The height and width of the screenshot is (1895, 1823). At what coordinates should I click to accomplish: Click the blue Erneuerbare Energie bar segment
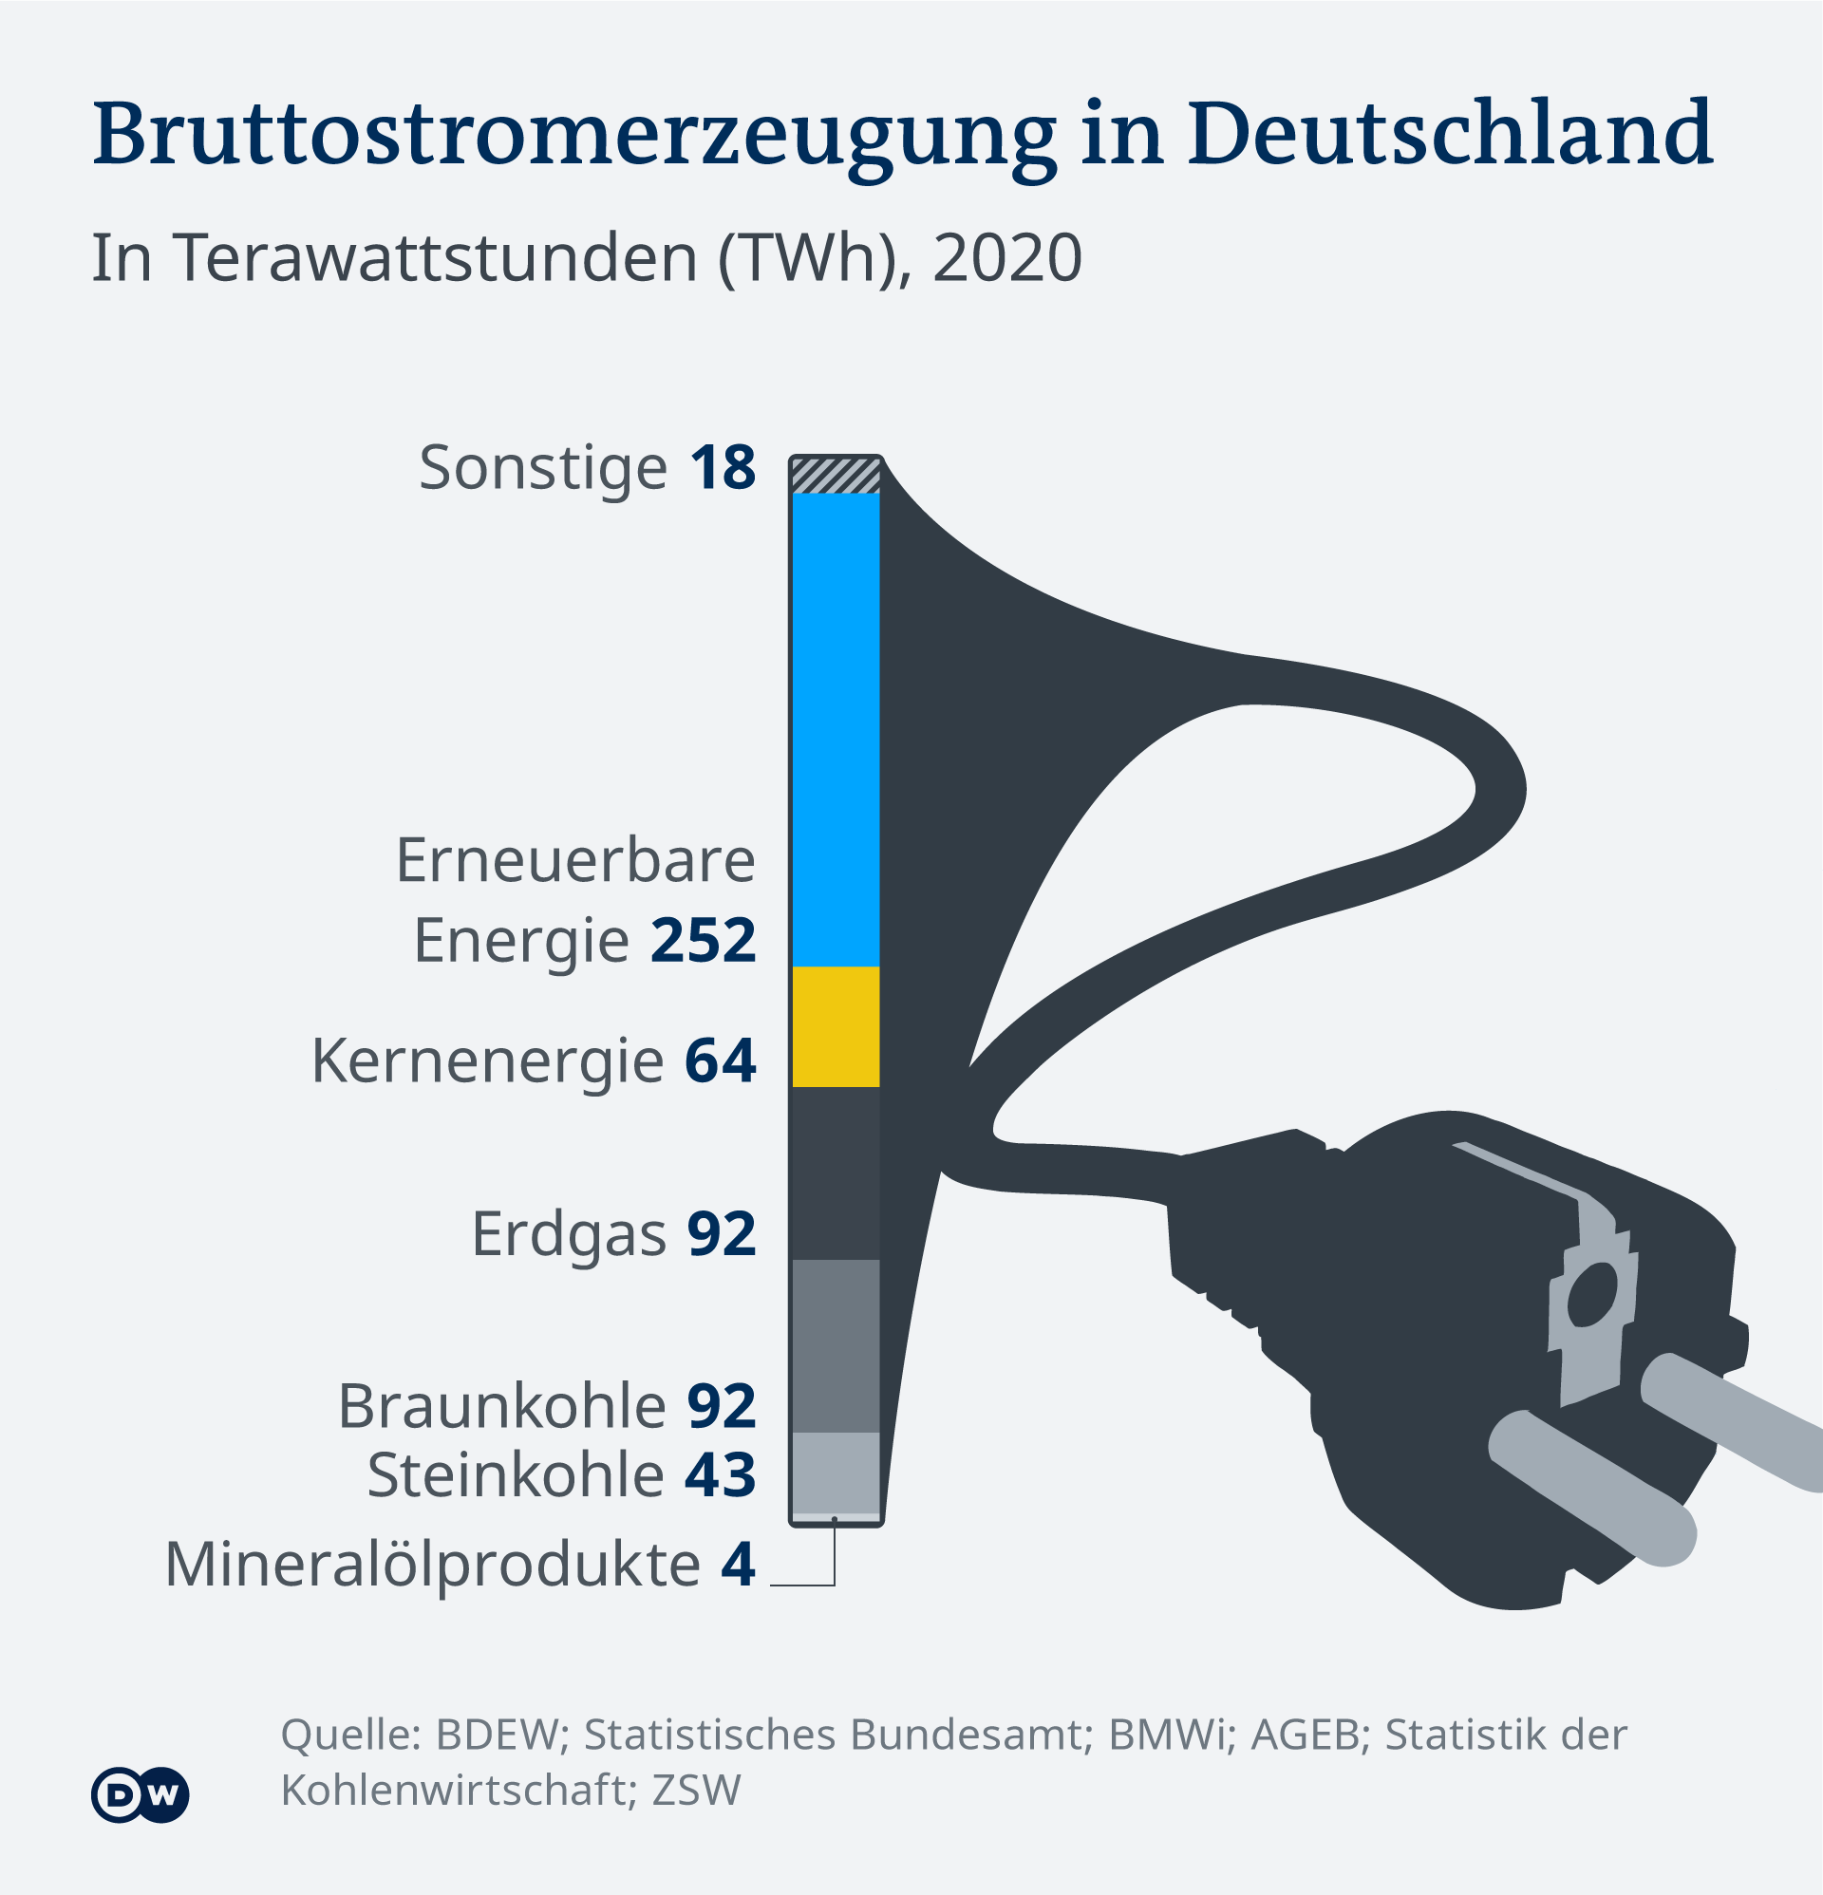tap(836, 730)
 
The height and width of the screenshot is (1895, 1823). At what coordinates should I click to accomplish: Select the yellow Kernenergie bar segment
tap(836, 1027)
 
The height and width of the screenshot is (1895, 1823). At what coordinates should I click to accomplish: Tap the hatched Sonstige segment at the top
tap(836, 476)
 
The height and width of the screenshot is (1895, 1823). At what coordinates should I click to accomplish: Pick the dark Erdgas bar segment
tap(836, 1173)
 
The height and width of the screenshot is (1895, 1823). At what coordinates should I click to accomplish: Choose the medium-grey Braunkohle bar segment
tap(836, 1345)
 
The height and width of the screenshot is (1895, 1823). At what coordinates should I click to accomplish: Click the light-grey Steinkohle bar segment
tap(836, 1472)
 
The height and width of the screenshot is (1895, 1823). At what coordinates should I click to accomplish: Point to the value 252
tap(703, 940)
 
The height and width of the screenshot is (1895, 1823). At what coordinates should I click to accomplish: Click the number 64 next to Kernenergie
tap(721, 1060)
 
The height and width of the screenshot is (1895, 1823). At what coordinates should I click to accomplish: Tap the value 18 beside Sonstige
tap(723, 468)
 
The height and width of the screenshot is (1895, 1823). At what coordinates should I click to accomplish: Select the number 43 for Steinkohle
tap(721, 1474)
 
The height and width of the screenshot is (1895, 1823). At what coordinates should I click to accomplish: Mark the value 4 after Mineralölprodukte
tap(738, 1564)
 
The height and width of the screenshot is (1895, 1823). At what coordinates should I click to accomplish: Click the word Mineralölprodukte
tap(432, 1566)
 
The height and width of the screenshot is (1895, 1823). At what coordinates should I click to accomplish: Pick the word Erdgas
tap(569, 1234)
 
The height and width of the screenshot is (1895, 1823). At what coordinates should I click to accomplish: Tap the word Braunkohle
tap(502, 1406)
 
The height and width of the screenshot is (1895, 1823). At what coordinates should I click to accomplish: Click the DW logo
tap(141, 1795)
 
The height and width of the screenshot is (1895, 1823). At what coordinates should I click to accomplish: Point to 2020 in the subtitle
tap(1006, 258)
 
